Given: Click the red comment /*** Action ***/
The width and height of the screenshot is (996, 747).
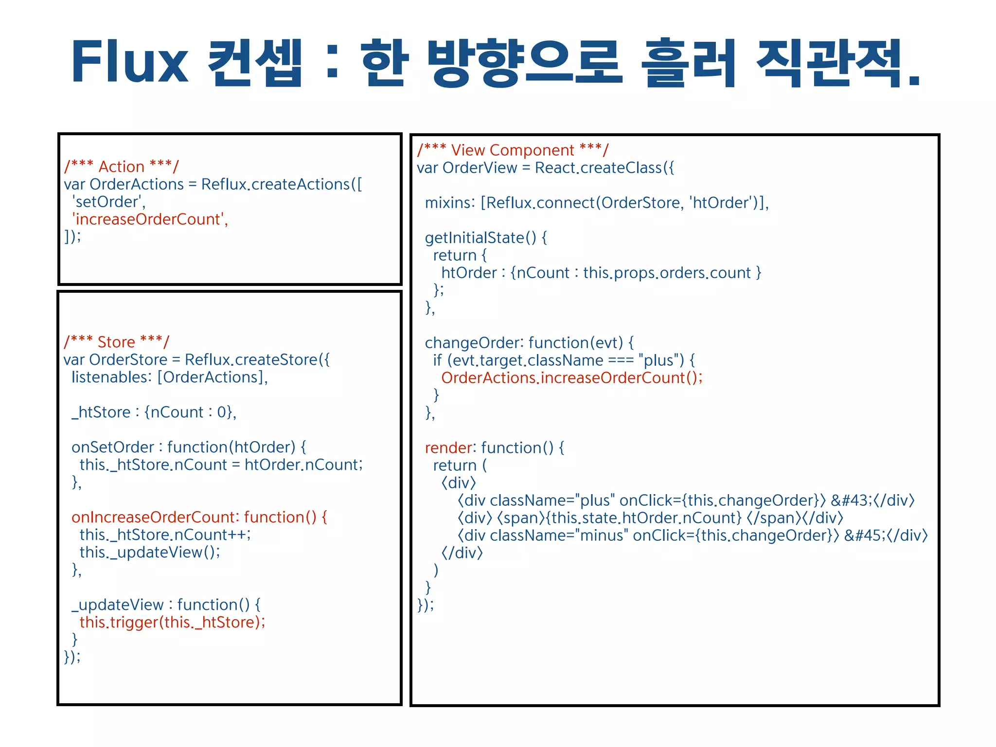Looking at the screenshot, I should pyautogui.click(x=122, y=167).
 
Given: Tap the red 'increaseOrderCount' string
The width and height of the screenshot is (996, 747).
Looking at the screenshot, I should pyautogui.click(x=150, y=219).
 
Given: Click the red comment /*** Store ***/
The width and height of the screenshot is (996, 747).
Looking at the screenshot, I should pyautogui.click(x=117, y=342).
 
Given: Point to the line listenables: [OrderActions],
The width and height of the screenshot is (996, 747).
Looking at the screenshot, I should pyautogui.click(x=169, y=377).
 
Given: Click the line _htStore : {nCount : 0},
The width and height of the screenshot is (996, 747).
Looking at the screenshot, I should pyautogui.click(x=154, y=412).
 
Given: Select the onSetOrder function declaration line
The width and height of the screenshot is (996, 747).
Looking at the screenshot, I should pyautogui.click(x=189, y=447).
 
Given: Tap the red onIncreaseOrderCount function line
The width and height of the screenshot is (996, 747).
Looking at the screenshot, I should pyautogui.click(x=199, y=517).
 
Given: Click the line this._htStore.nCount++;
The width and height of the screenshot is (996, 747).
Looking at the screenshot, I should pyautogui.click(x=165, y=535).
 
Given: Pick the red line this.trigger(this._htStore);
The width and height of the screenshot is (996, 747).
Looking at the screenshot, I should pyautogui.click(x=172, y=622).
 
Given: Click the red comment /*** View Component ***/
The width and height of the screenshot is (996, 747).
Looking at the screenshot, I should pyautogui.click(x=513, y=150).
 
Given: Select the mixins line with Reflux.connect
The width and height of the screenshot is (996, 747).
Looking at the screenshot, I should pyautogui.click(x=597, y=203).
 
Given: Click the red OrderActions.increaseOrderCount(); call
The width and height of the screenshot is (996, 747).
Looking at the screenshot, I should pyautogui.click(x=572, y=378).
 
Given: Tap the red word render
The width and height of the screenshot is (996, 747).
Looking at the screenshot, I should pyautogui.click(x=448, y=448).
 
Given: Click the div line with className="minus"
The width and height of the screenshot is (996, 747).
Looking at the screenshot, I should pyautogui.click(x=692, y=535).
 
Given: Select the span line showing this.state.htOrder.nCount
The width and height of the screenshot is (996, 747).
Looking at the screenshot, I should pyautogui.click(x=650, y=518).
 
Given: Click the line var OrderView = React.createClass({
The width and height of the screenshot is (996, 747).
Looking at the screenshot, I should pyautogui.click(x=545, y=168).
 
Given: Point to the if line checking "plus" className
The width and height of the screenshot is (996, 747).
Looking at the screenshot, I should pyautogui.click(x=564, y=360).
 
